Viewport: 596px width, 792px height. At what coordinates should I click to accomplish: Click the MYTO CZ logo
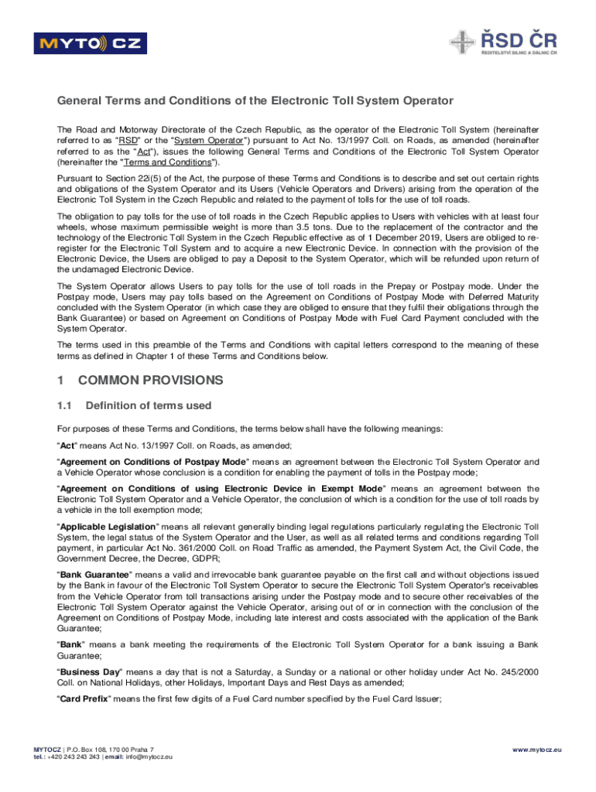88,44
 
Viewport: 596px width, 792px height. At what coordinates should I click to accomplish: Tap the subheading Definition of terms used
148,405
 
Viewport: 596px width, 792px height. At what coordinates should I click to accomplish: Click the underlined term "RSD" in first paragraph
129,141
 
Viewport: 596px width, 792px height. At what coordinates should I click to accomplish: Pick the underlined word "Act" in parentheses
143,152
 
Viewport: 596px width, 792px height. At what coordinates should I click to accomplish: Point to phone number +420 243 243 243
75,757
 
